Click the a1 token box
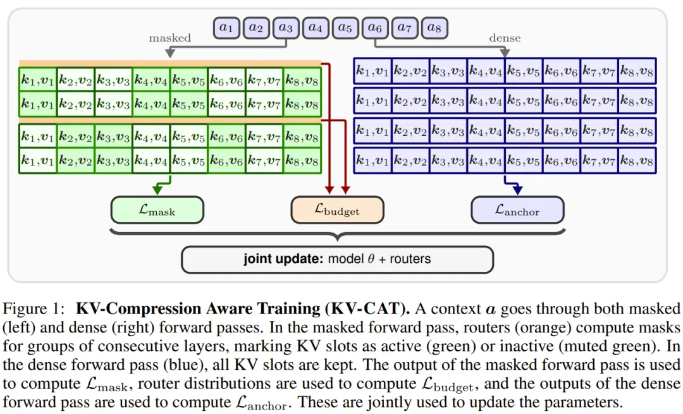(x=226, y=28)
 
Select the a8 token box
(x=434, y=28)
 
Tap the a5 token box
(x=345, y=28)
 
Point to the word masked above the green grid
(x=170, y=38)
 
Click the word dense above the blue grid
(x=505, y=38)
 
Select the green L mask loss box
(x=157, y=210)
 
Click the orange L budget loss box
(x=337, y=210)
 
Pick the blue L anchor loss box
(x=517, y=210)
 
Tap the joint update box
(x=337, y=259)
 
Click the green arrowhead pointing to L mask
(x=157, y=190)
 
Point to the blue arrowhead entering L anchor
(x=517, y=190)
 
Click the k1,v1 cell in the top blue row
(x=372, y=71)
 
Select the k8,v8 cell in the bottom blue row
(x=637, y=161)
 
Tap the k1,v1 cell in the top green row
(x=38, y=80)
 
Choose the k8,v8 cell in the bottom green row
(x=302, y=161)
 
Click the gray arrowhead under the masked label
(x=170, y=53)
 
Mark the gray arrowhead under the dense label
(x=505, y=52)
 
